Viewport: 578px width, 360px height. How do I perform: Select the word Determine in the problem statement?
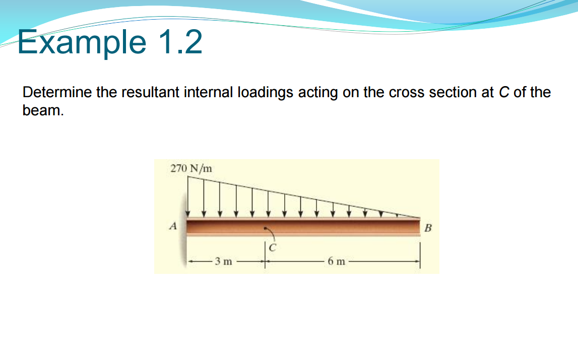pyautogui.click(x=55, y=93)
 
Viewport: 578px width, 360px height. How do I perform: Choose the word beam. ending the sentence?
pyautogui.click(x=43, y=110)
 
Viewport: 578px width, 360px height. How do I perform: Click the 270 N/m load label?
pyautogui.click(x=191, y=168)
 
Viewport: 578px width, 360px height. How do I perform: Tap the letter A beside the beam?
pyautogui.click(x=173, y=227)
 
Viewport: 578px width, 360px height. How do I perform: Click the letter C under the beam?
pyautogui.click(x=273, y=247)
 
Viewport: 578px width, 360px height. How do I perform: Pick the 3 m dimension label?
pyautogui.click(x=223, y=261)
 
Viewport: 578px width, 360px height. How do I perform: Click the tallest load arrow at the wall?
pyautogui.click(x=188, y=196)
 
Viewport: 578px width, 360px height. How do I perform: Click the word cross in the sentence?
pyautogui.click(x=407, y=93)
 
